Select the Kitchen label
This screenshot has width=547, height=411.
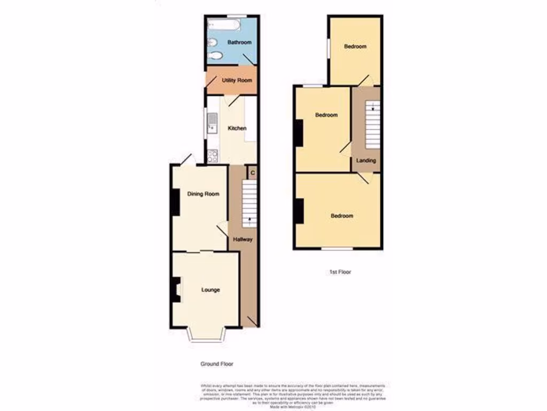click(x=237, y=128)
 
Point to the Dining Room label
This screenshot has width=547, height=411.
click(x=203, y=194)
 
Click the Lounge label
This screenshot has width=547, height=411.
click(x=210, y=290)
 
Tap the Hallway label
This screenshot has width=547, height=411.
click(x=243, y=240)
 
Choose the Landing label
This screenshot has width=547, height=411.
click(x=366, y=161)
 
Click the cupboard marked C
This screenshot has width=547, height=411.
click(x=252, y=172)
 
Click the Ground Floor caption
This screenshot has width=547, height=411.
click(x=217, y=364)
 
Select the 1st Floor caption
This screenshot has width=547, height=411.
click(x=340, y=272)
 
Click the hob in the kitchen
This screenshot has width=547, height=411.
click(x=212, y=156)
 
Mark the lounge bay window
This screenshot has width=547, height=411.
click(x=206, y=335)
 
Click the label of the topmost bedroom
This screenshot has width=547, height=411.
click(x=355, y=47)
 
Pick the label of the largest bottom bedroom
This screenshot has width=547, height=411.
click(x=342, y=216)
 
